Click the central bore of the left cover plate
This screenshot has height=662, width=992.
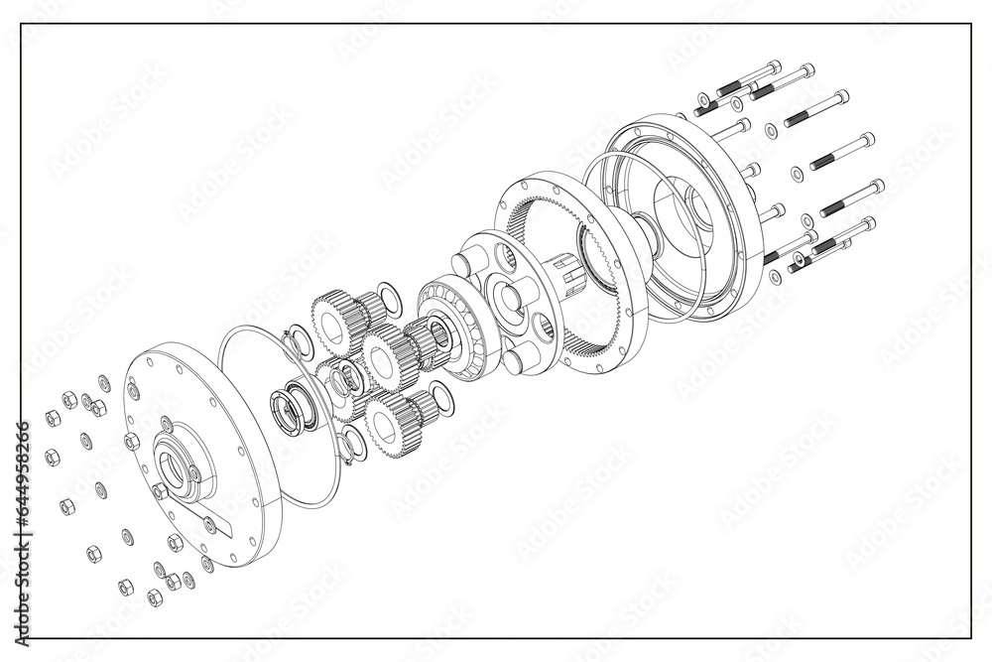pyautogui.click(x=173, y=471)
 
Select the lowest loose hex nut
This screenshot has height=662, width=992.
pyautogui.click(x=155, y=597)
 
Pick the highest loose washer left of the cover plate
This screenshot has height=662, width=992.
pyautogui.click(x=104, y=380)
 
